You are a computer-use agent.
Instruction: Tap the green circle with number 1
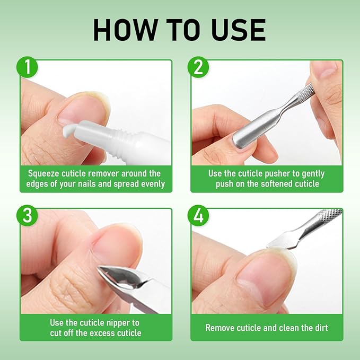(x=27, y=67)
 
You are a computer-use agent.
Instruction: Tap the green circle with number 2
(x=198, y=67)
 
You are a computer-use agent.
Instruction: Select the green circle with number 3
(x=27, y=216)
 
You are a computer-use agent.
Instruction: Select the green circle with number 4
(x=198, y=216)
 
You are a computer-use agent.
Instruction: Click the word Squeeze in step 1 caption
(x=46, y=173)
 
